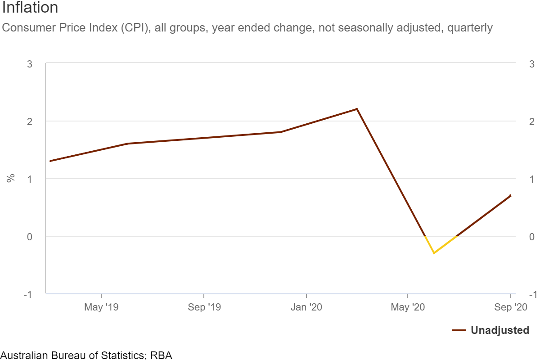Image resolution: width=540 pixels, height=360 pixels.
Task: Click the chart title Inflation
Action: [30, 8]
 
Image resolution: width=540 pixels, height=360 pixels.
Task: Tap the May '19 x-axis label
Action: [101, 307]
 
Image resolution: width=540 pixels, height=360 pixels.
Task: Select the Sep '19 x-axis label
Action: [204, 307]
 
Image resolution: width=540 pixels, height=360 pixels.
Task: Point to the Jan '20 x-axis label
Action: [306, 307]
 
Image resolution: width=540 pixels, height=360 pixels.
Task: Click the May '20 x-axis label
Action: [408, 307]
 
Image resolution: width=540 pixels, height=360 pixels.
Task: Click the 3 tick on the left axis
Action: [30, 64]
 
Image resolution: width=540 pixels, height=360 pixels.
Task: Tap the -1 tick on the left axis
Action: [28, 294]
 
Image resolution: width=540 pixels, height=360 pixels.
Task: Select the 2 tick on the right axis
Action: [532, 121]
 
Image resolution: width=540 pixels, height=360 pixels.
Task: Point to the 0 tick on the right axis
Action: [532, 237]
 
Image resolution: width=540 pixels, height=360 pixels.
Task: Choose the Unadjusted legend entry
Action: [499, 330]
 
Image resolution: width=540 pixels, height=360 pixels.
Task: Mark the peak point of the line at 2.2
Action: [357, 109]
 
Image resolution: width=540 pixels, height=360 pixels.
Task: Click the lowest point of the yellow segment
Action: [434, 253]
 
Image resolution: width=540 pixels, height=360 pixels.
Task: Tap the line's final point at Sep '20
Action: [510, 196]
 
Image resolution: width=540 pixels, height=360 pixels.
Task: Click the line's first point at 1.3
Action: [50, 161]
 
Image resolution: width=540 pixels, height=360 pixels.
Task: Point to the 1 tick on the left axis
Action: [30, 179]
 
